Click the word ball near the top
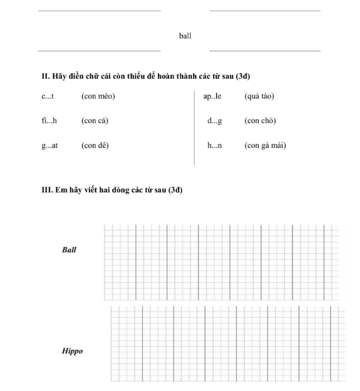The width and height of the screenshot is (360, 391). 185,36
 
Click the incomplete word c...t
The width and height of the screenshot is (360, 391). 47,96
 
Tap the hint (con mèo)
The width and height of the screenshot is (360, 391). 98,96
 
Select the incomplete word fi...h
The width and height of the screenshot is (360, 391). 49,121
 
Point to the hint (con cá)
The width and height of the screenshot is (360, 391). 95,121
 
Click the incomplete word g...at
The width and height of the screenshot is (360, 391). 50,146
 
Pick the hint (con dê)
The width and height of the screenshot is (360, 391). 95,146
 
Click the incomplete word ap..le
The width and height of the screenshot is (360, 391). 212,96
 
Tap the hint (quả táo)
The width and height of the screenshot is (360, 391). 259,96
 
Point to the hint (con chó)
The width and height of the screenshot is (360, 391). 260,121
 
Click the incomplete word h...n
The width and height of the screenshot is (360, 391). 214,146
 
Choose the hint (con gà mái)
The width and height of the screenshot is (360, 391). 265,146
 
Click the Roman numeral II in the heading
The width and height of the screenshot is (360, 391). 45,76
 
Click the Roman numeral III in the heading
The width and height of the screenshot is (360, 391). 46,190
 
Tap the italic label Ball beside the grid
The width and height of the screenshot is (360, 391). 69,250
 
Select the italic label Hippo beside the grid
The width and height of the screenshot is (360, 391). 72,351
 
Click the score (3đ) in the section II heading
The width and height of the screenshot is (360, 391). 243,76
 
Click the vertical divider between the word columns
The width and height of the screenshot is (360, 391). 194,128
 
